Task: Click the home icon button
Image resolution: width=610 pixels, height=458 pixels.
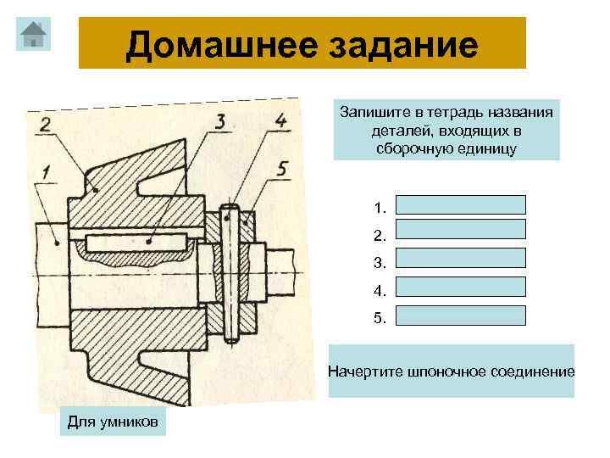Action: click(x=33, y=34)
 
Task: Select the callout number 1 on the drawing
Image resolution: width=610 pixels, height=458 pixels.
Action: click(x=45, y=173)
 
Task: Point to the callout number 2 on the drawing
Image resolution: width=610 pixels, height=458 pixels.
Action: click(x=44, y=126)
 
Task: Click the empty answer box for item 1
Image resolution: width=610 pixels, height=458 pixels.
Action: click(x=461, y=204)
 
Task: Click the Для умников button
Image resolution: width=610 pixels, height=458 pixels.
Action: click(x=114, y=422)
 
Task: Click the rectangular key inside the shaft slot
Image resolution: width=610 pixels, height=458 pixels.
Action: click(x=136, y=242)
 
